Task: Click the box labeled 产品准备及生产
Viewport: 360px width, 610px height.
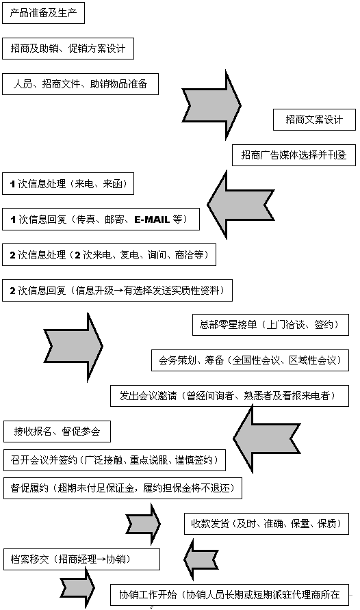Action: click(x=43, y=13)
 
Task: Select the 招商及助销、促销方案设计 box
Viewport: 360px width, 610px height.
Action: click(x=68, y=49)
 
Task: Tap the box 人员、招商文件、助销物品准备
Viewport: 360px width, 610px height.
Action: click(x=80, y=84)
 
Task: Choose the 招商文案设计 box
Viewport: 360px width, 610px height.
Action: click(x=314, y=120)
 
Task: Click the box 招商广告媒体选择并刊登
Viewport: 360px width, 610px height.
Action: click(x=294, y=155)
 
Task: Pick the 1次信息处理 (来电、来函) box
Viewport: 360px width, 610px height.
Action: click(x=68, y=184)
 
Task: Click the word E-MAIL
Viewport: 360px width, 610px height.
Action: click(x=152, y=220)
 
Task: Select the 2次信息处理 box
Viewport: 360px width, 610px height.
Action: click(x=109, y=255)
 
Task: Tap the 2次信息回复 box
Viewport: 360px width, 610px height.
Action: click(x=117, y=290)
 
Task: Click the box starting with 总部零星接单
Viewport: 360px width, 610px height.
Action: click(x=270, y=324)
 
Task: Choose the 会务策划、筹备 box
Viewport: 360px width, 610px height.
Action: click(x=250, y=360)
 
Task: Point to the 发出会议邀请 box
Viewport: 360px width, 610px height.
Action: click(x=230, y=396)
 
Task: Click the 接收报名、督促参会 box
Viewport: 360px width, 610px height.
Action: click(x=57, y=432)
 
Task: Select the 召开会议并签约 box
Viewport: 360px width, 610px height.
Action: click(x=114, y=460)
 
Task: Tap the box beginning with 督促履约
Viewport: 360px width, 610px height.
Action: click(x=123, y=488)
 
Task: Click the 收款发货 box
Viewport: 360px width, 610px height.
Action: click(x=266, y=524)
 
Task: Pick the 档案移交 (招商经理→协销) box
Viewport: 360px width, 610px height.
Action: click(x=81, y=559)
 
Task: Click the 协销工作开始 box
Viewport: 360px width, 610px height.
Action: click(x=230, y=595)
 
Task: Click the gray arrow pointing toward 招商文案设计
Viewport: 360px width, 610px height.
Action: click(x=211, y=105)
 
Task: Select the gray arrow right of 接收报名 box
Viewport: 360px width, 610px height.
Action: click(x=267, y=438)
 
